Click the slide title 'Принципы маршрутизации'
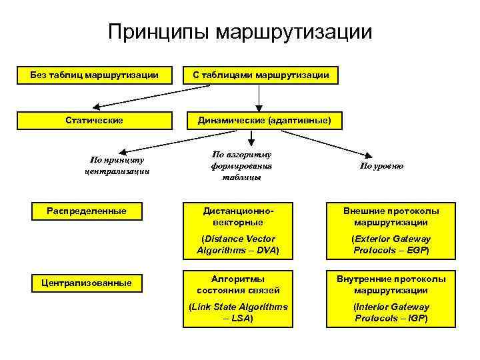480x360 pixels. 240,32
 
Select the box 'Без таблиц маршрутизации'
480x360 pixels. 94,75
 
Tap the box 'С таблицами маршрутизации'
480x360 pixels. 261,75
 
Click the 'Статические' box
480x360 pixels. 94,121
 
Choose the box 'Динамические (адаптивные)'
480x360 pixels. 261,121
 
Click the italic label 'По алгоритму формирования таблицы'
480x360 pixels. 241,165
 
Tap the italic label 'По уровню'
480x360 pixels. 382,165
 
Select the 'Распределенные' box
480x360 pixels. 87,211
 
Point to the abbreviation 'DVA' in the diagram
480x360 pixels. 265,251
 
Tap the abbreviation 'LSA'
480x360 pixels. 241,319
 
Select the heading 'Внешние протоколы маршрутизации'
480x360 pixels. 391,217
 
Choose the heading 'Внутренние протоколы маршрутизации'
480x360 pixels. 391,284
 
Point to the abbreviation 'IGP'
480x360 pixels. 415,319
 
